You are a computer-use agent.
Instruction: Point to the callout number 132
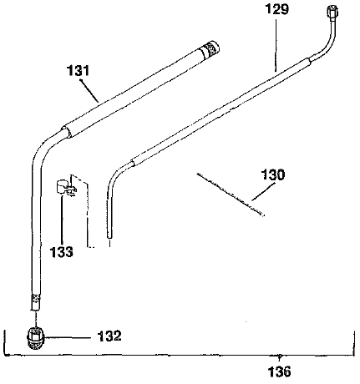coord(109,336)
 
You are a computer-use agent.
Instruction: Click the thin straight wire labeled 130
coord(231,194)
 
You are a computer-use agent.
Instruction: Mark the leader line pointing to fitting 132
coord(72,337)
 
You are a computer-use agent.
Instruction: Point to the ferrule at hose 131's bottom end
coord(35,301)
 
